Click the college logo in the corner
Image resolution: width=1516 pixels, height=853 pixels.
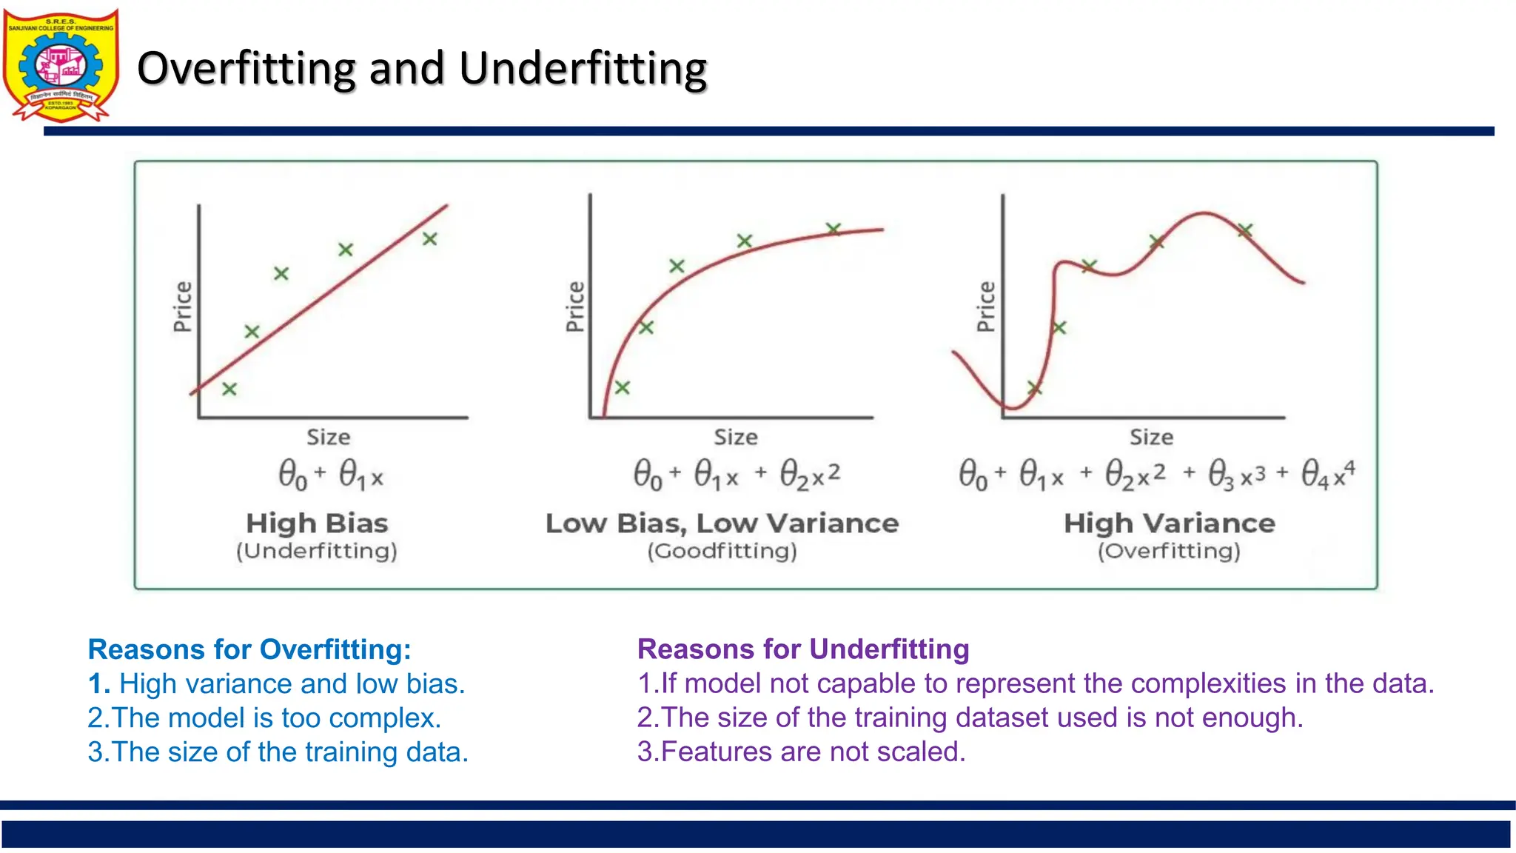click(x=61, y=65)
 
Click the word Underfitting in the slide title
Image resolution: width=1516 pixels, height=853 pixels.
click(x=583, y=69)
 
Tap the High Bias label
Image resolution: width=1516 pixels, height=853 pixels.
click(x=317, y=523)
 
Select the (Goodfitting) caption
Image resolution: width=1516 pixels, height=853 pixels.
click(x=722, y=551)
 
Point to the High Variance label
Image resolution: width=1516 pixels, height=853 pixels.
click(x=1169, y=523)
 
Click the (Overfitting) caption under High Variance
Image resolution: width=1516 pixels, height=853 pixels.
click(x=1168, y=551)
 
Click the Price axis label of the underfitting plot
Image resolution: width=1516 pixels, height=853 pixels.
click(x=183, y=307)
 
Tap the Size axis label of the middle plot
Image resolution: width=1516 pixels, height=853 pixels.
click(x=735, y=438)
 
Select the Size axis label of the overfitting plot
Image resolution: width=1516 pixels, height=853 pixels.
click(x=1150, y=438)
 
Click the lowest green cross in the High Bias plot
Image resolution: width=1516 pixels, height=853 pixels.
click(x=229, y=389)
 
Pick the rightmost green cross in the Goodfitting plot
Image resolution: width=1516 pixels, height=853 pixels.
click(x=834, y=229)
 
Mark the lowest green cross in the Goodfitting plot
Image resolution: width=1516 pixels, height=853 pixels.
click(x=623, y=387)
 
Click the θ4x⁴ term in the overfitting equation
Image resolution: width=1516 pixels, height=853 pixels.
click(x=1328, y=474)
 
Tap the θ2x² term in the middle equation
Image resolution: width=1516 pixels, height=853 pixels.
click(x=810, y=475)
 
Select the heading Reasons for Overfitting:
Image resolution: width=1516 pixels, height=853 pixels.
click(x=249, y=649)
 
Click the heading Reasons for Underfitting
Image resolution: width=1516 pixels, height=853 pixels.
click(x=803, y=649)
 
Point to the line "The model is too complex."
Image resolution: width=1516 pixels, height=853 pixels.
click(x=264, y=718)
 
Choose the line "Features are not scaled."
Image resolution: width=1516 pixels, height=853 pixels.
click(x=802, y=752)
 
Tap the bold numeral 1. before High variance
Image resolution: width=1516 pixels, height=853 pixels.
click(x=98, y=684)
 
